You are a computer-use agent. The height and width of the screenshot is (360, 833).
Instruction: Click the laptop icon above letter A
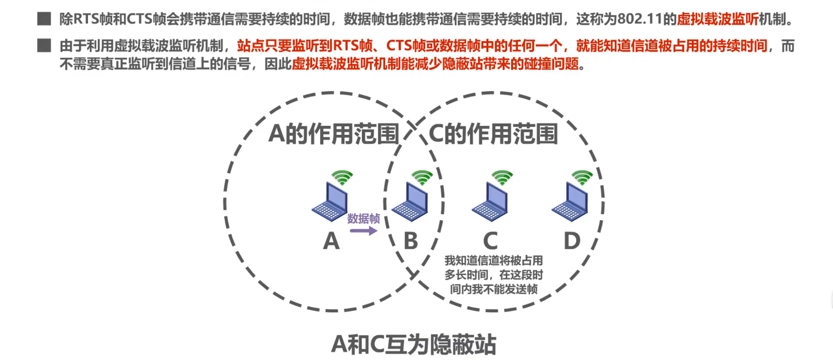pyautogui.click(x=330, y=203)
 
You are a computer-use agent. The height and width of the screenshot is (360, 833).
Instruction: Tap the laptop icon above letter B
pyautogui.click(x=410, y=203)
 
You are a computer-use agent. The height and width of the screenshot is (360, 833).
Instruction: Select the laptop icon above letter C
pyautogui.click(x=490, y=203)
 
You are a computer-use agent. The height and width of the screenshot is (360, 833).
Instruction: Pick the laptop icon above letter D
pyautogui.click(x=570, y=203)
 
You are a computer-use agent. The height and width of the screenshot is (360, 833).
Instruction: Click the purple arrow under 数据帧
pyautogui.click(x=363, y=231)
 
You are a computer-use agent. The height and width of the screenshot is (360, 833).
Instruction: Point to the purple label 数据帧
pyautogui.click(x=363, y=218)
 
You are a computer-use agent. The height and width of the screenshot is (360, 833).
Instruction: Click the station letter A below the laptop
pyautogui.click(x=331, y=241)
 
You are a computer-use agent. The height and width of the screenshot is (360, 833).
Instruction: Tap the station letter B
pyautogui.click(x=411, y=241)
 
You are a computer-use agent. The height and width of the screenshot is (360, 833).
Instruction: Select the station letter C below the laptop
pyautogui.click(x=490, y=241)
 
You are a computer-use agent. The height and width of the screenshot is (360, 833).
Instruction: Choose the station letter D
pyautogui.click(x=571, y=241)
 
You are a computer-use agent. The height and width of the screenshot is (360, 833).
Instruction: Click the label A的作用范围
pyautogui.click(x=333, y=134)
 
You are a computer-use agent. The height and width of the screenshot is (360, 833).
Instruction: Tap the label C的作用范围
pyautogui.click(x=493, y=134)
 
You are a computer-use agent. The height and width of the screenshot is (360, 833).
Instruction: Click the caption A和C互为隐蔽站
pyautogui.click(x=414, y=344)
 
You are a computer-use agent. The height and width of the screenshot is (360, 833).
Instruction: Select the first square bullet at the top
pyautogui.click(x=44, y=19)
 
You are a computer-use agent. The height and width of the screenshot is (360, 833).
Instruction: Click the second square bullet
pyautogui.click(x=44, y=45)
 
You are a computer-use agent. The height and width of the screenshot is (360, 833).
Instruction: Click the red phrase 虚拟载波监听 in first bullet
pyautogui.click(x=717, y=19)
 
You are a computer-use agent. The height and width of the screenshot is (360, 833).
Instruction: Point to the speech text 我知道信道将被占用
pyautogui.click(x=493, y=261)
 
